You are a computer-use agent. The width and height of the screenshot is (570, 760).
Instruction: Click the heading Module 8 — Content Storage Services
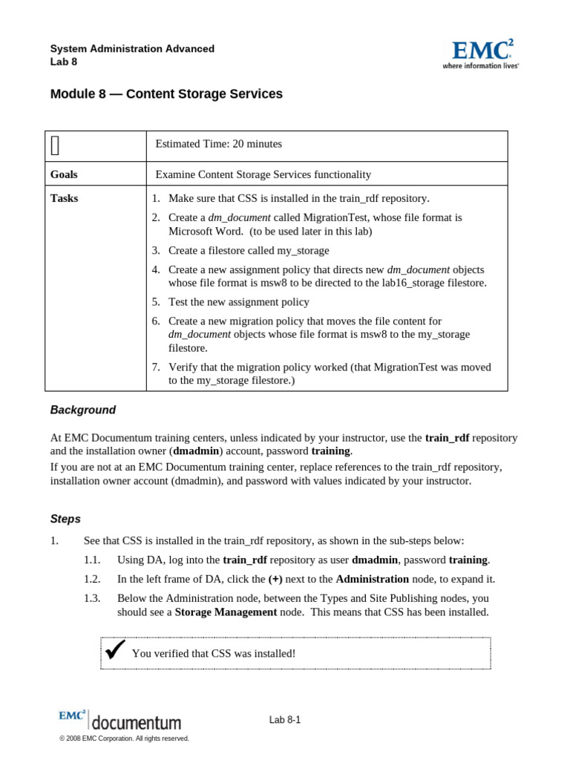166,94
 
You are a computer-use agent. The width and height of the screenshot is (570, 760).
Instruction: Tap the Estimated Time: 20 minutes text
218,144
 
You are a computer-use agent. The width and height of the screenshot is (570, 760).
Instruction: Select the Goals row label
64,174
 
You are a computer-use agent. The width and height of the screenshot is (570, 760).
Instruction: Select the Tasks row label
64,198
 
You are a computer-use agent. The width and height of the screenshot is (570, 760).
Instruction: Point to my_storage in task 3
303,250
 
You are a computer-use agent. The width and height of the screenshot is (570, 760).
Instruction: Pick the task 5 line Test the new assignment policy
238,302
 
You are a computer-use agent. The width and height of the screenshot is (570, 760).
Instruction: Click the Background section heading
83,410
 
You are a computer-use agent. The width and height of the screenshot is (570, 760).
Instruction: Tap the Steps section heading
65,519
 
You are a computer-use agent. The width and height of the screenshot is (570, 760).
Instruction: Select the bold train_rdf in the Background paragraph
447,438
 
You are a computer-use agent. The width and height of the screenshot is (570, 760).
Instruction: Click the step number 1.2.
92,579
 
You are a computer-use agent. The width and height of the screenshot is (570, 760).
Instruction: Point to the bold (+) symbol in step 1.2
275,579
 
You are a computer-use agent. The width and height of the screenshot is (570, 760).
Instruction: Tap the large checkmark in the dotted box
114,651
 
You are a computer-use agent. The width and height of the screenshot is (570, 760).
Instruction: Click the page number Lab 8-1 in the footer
285,720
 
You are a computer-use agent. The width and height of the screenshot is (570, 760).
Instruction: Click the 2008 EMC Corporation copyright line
124,738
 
